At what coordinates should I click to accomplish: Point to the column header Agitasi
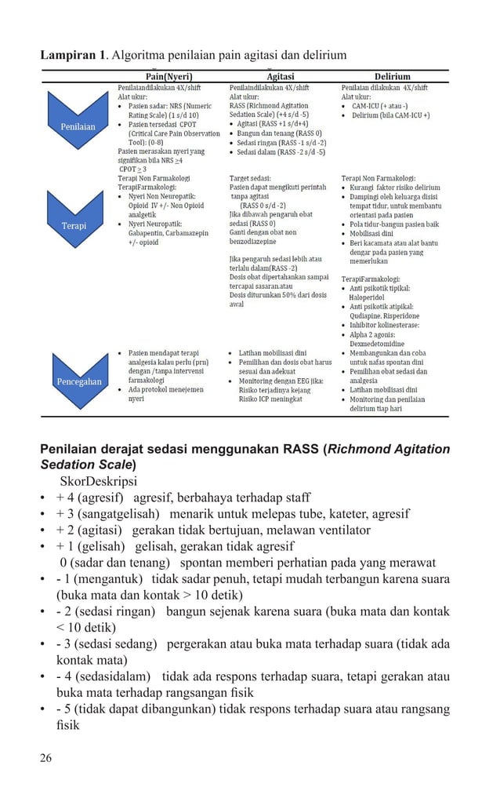click(281, 77)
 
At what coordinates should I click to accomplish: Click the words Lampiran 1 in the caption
click(74, 55)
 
